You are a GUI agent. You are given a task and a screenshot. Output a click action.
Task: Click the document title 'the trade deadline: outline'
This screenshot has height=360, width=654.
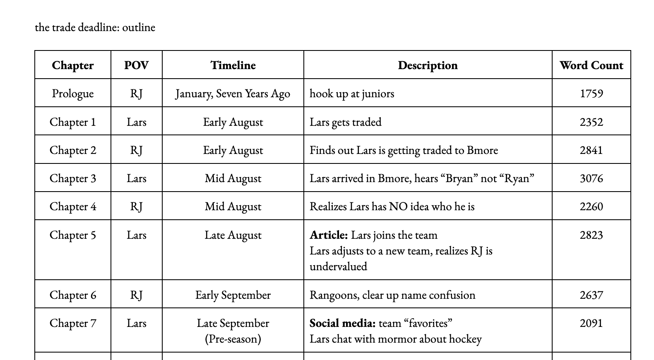(95, 27)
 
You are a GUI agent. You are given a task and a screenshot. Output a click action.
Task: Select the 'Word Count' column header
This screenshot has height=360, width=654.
(591, 65)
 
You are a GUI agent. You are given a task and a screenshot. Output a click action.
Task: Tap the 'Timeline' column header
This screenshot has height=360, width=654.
(233, 65)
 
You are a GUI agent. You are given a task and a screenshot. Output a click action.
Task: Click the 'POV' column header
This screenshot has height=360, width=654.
(136, 65)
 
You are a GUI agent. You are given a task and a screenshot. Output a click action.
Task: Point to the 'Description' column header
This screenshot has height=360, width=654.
(428, 65)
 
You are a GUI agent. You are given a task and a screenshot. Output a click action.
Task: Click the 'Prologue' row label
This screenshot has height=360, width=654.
(73, 94)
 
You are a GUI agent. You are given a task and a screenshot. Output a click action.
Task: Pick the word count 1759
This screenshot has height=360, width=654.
(591, 94)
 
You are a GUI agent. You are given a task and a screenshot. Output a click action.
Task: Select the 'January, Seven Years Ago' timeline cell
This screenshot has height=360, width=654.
(233, 94)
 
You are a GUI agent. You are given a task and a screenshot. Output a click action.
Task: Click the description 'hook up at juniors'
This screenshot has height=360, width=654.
(352, 94)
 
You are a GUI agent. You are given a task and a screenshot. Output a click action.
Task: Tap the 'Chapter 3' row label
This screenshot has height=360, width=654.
(73, 178)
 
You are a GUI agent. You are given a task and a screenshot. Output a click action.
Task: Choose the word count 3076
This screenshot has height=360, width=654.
(591, 178)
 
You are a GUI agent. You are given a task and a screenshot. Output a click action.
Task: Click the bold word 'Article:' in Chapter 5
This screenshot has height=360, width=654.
(329, 235)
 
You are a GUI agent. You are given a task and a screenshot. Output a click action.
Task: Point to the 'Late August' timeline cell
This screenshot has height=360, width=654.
(233, 235)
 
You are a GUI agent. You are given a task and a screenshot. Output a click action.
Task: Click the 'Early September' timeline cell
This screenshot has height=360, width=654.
(233, 295)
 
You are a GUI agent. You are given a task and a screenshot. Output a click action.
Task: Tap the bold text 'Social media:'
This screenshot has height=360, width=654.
(342, 323)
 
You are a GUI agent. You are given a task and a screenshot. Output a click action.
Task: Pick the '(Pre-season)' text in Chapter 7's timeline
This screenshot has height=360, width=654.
(233, 339)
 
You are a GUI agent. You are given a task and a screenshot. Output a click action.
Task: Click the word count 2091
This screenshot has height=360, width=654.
(591, 323)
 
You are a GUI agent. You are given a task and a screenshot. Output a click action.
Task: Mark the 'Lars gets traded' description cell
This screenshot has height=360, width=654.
(346, 122)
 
